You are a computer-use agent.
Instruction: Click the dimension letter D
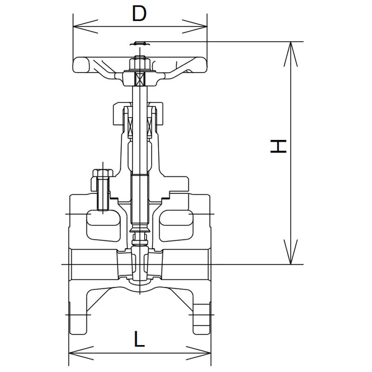[x=139, y=13]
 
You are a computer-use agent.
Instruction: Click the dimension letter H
[x=279, y=146]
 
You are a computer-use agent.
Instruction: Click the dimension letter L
[x=139, y=339]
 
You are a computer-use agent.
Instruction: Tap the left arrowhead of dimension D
[x=86, y=27]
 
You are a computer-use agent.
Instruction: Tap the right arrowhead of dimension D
[x=194, y=27]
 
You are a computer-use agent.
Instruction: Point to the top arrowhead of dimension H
[x=291, y=54]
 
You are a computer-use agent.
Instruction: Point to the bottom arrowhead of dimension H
[x=291, y=252]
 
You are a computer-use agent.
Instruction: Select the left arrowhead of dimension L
[x=81, y=353]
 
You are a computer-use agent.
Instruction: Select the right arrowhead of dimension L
[x=199, y=353]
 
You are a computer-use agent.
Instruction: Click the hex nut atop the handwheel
[x=140, y=63]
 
